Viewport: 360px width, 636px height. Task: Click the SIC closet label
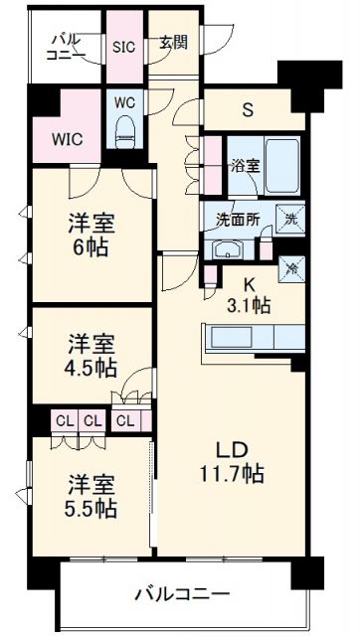coord(123,46)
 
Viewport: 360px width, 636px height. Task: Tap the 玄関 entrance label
coord(173,44)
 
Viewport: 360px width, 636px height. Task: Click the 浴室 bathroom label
coord(247,166)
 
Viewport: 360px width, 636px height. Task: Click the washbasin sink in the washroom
coord(226,248)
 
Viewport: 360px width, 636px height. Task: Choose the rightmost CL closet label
coord(124,419)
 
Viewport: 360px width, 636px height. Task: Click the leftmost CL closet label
coord(63,419)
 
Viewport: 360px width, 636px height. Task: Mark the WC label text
coord(124,102)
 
